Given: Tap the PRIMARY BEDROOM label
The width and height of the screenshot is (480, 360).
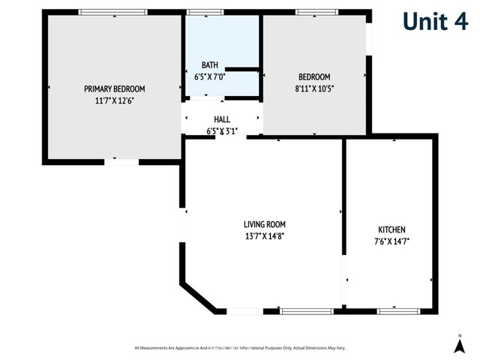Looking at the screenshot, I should (114, 88).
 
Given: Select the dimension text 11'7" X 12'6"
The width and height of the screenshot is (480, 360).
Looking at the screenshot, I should (114, 100).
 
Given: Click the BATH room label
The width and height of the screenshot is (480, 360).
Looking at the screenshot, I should (209, 65).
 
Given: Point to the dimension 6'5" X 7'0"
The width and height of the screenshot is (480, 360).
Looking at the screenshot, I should (209, 76).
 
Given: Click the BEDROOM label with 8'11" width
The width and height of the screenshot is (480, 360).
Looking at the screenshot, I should (314, 76).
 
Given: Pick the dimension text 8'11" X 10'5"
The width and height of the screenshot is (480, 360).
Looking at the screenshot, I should (314, 88).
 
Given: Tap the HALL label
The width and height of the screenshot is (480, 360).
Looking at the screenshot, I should (222, 119).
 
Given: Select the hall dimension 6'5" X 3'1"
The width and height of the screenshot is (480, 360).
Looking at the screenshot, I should (222, 131).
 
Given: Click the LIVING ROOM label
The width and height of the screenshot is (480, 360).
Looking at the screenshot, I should (265, 224).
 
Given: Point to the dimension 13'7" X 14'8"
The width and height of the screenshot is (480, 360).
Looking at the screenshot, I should (265, 235).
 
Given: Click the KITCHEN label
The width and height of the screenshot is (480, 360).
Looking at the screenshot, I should (391, 229).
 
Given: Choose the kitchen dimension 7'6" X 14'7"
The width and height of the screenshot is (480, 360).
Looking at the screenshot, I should (391, 241).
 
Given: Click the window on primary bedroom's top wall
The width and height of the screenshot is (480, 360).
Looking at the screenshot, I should (113, 12).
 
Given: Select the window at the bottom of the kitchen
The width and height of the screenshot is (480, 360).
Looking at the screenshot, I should (396, 310).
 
